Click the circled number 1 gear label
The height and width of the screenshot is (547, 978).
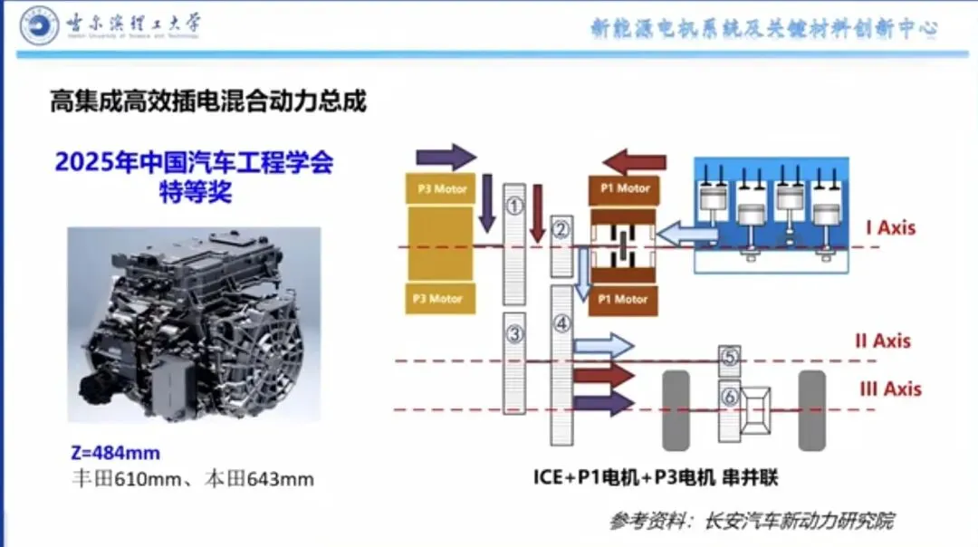(x=514, y=206)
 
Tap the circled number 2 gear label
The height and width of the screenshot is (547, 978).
(x=561, y=229)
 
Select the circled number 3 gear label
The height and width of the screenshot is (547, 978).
(x=514, y=335)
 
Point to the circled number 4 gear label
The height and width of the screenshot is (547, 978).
(x=561, y=322)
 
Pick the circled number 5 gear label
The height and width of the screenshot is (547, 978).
(x=730, y=359)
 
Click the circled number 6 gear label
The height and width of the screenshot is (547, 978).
(x=730, y=396)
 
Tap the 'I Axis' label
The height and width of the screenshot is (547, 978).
(x=889, y=226)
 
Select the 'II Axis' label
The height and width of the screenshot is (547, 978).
(x=882, y=341)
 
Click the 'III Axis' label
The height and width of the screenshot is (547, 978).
(x=889, y=389)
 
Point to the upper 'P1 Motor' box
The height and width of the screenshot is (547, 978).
(x=625, y=188)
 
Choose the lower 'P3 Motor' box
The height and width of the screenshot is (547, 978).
(x=439, y=299)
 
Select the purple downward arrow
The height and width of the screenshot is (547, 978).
(x=486, y=201)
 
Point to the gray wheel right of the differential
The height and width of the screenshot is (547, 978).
(x=812, y=410)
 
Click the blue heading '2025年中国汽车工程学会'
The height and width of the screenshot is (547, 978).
(x=194, y=164)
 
